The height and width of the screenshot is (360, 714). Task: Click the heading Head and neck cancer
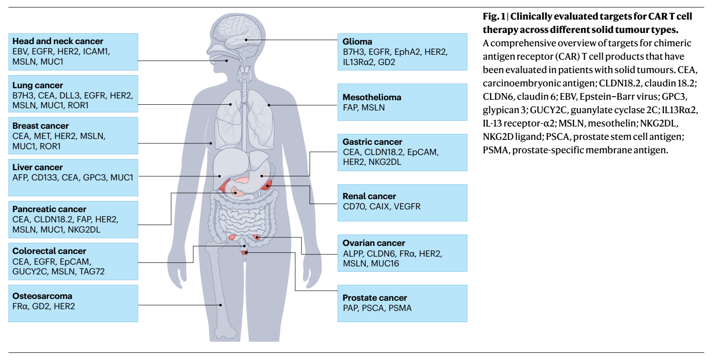(57, 41)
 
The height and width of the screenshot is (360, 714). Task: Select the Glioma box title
(357, 41)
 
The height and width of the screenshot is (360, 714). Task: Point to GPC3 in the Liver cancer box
(94, 177)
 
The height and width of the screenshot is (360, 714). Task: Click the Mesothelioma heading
(371, 97)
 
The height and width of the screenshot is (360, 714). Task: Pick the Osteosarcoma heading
(42, 296)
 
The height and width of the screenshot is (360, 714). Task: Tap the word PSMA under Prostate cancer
(400, 308)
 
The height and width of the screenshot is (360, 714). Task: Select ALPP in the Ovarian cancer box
(353, 254)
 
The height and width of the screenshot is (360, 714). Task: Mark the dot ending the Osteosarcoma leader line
(220, 305)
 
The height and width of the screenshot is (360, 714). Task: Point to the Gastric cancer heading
(372, 142)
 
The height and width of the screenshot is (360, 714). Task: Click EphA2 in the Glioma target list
(407, 52)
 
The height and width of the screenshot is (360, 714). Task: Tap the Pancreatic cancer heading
(49, 209)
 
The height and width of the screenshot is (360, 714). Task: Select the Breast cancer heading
(41, 126)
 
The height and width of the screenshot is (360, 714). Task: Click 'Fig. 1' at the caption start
(494, 16)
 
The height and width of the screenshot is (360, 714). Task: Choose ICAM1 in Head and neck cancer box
(96, 51)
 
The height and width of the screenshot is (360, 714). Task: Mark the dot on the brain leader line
(246, 40)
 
